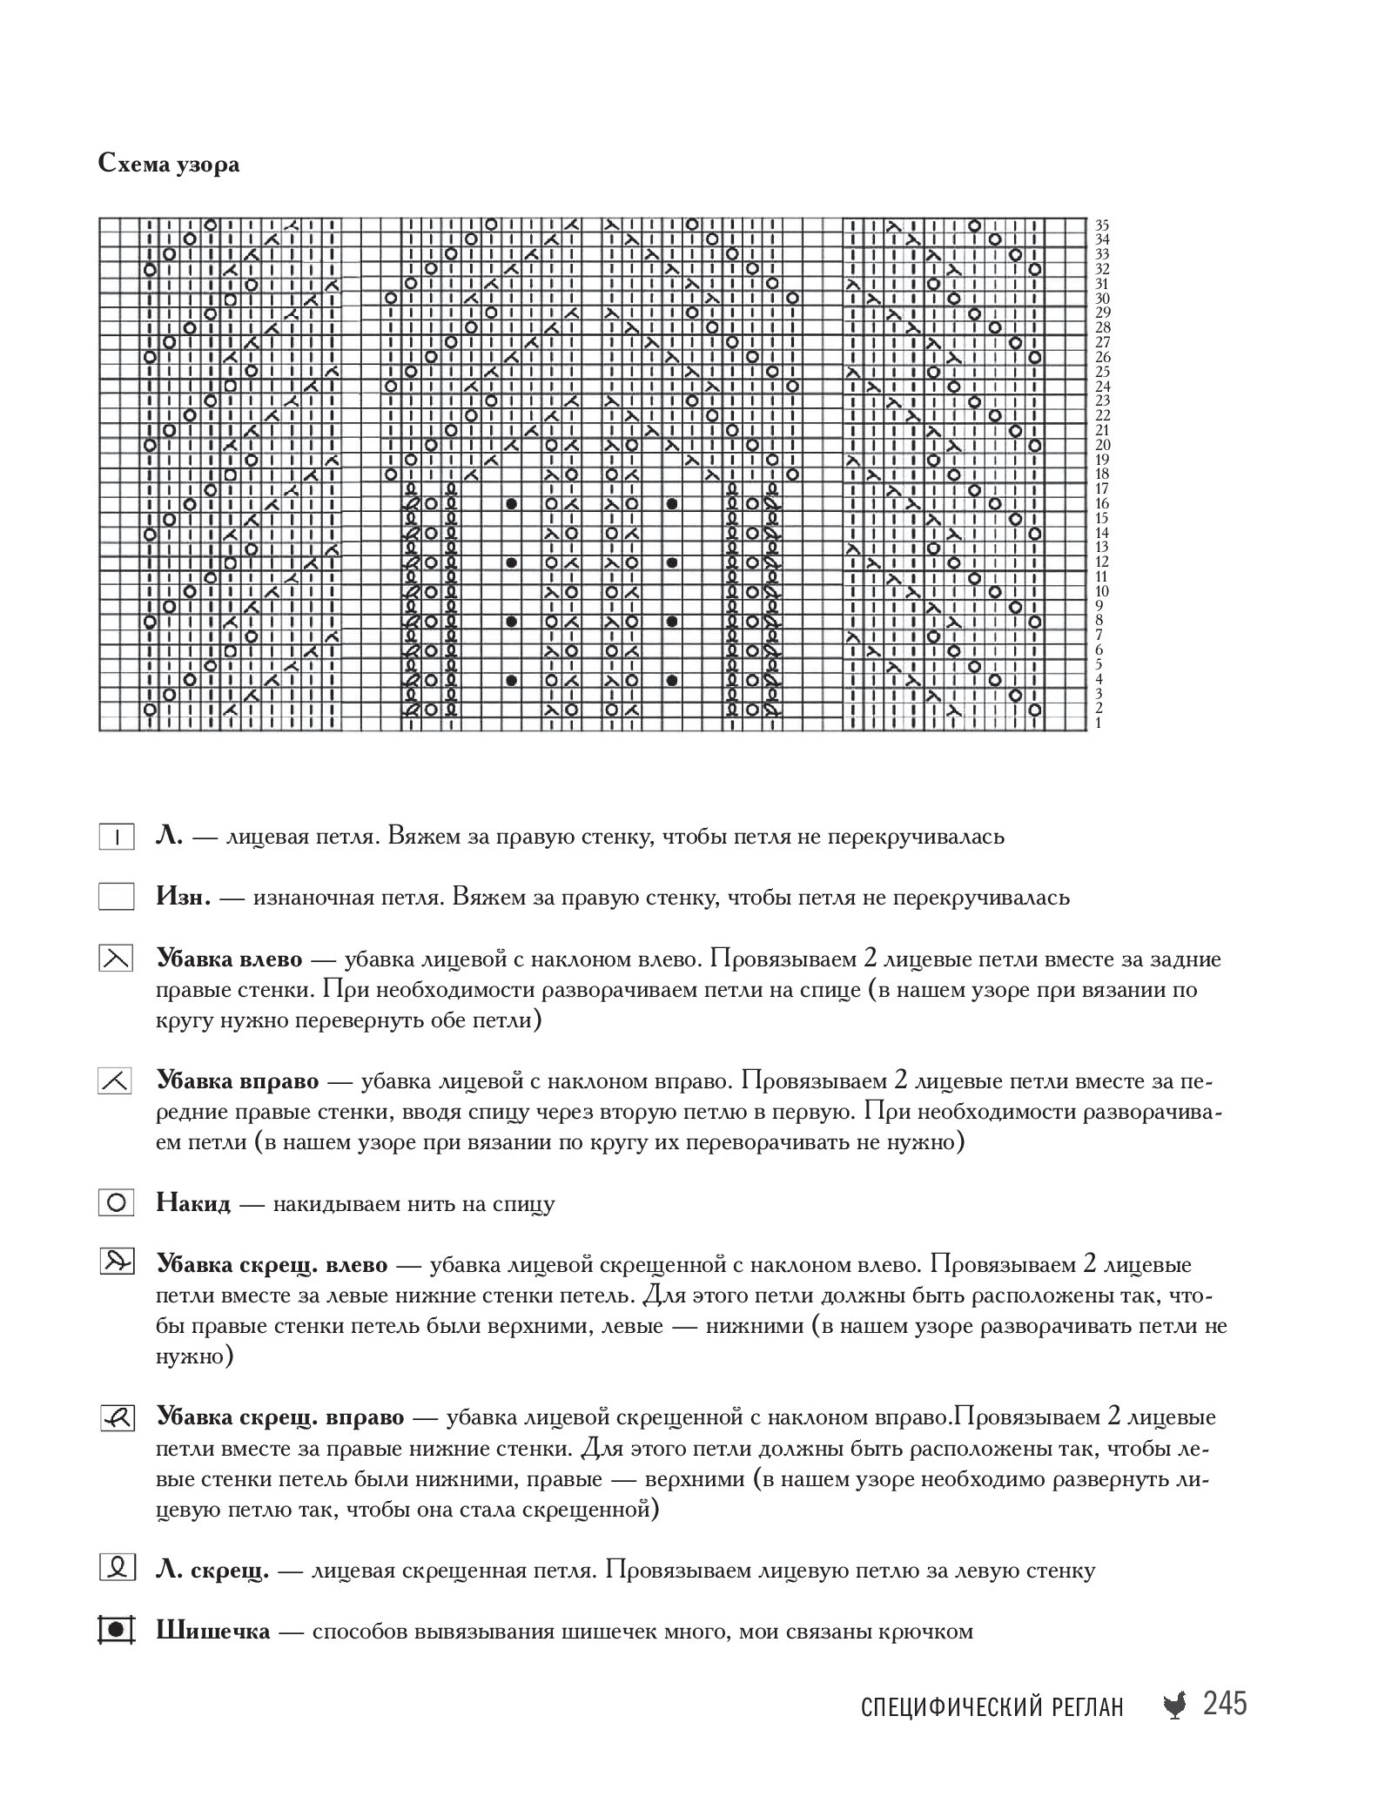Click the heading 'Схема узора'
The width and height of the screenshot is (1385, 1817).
(169, 165)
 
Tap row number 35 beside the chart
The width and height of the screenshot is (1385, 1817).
(1101, 225)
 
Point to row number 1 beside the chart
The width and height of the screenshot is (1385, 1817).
(1099, 723)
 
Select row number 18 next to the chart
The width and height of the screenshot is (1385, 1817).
(1101, 474)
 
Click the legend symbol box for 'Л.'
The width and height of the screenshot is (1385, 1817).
(116, 838)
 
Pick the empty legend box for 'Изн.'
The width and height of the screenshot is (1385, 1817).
(116, 898)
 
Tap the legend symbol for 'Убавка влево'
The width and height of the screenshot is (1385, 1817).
(116, 959)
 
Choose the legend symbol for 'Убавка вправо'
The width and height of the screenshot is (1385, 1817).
(116, 1082)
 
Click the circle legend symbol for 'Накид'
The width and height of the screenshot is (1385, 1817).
(116, 1205)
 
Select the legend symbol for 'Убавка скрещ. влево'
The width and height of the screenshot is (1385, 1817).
(116, 1265)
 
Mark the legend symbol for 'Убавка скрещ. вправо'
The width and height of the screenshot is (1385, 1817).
(116, 1418)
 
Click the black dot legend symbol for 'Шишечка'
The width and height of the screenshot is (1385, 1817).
(116, 1631)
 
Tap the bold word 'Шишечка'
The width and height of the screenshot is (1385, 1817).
(213, 1632)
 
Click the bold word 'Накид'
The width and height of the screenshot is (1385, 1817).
(193, 1205)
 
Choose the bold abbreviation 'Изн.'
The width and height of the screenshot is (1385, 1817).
(184, 898)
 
